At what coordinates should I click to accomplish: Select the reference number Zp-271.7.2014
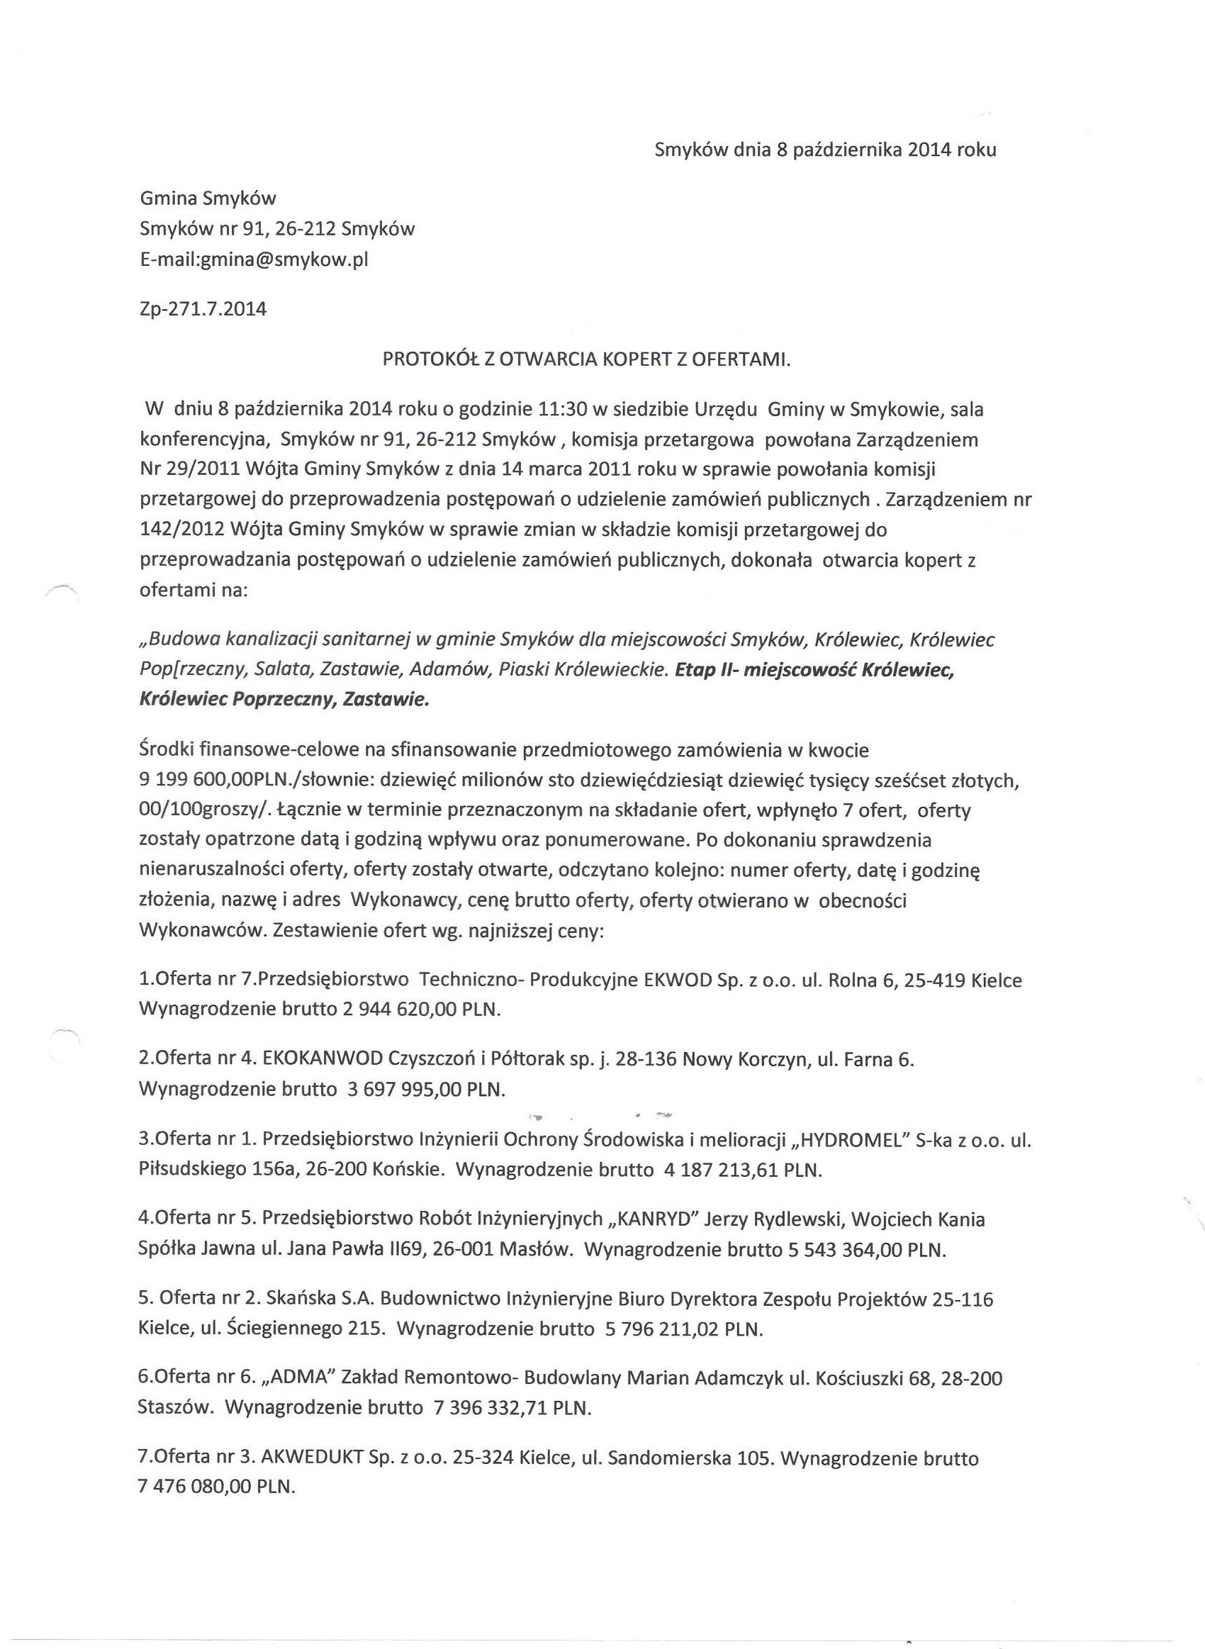click(203, 309)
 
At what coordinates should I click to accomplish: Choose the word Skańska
click(299, 1299)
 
